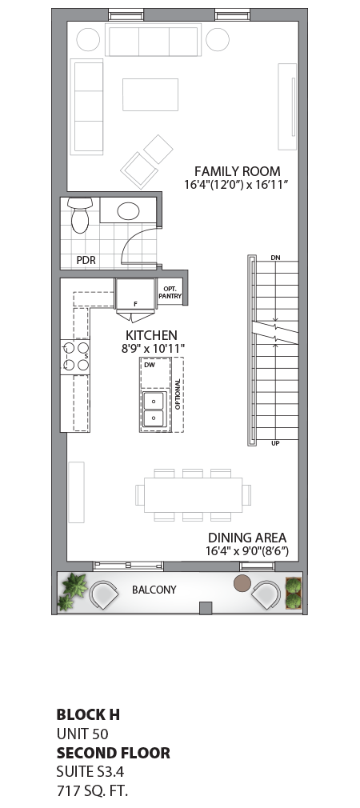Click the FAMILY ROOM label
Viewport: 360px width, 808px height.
[x=238, y=170]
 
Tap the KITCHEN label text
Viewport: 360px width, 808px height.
[x=151, y=335]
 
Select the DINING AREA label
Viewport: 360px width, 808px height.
[x=247, y=538]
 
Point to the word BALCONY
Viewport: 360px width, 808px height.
[x=154, y=590]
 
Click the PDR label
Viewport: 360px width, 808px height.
[x=86, y=260]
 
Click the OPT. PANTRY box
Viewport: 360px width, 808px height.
[x=170, y=292]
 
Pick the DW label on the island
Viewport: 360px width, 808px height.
[x=149, y=365]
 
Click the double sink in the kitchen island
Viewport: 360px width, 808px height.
[x=153, y=409]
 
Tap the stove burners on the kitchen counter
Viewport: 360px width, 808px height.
[x=76, y=356]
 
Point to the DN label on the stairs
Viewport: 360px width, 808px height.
[x=275, y=258]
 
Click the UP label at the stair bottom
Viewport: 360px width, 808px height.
[x=275, y=442]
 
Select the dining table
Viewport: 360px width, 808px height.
[x=193, y=494]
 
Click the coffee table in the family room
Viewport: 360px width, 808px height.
[x=150, y=94]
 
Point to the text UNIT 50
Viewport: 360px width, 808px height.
[x=82, y=734]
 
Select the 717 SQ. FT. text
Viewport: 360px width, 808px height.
[x=92, y=791]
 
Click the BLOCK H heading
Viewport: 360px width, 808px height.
[x=88, y=714]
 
